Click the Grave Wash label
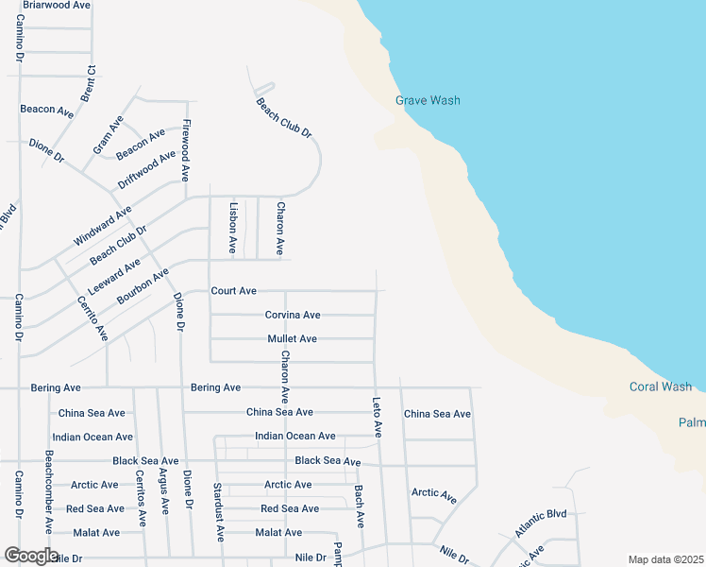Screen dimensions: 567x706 428,100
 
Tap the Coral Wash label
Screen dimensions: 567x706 660,387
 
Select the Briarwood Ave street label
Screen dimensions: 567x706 56,5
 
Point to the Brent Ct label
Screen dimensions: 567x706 90,84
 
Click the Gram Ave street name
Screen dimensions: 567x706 108,135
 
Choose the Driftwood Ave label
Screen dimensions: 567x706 147,169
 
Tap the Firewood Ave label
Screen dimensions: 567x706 186,150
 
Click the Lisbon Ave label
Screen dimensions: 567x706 232,227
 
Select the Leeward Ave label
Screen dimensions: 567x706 113,274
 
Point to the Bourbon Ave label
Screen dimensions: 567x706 143,285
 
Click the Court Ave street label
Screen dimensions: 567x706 234,291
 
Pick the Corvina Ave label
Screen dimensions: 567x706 292,315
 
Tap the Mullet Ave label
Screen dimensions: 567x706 292,338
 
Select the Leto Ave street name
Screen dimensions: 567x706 377,416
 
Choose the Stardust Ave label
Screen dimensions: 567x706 218,513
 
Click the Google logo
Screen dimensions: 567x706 30,556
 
